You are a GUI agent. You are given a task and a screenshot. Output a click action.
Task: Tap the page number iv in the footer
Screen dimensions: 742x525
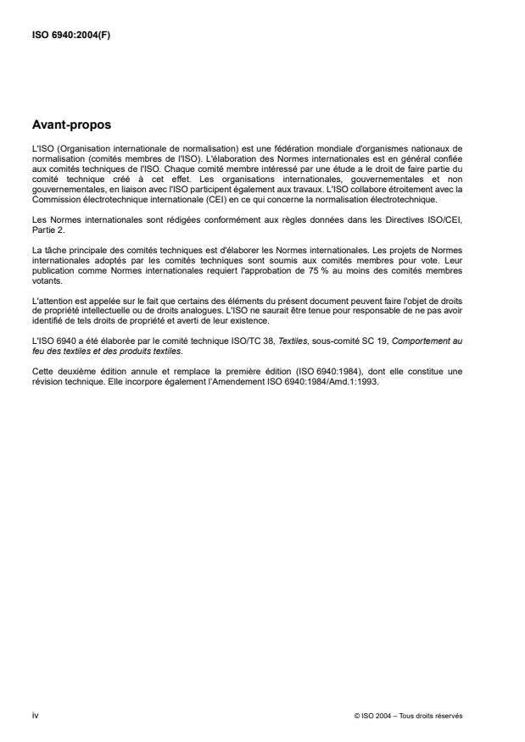click(35, 715)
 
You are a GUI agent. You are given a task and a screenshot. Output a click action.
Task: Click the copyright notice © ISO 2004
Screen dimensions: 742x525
click(377, 715)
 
